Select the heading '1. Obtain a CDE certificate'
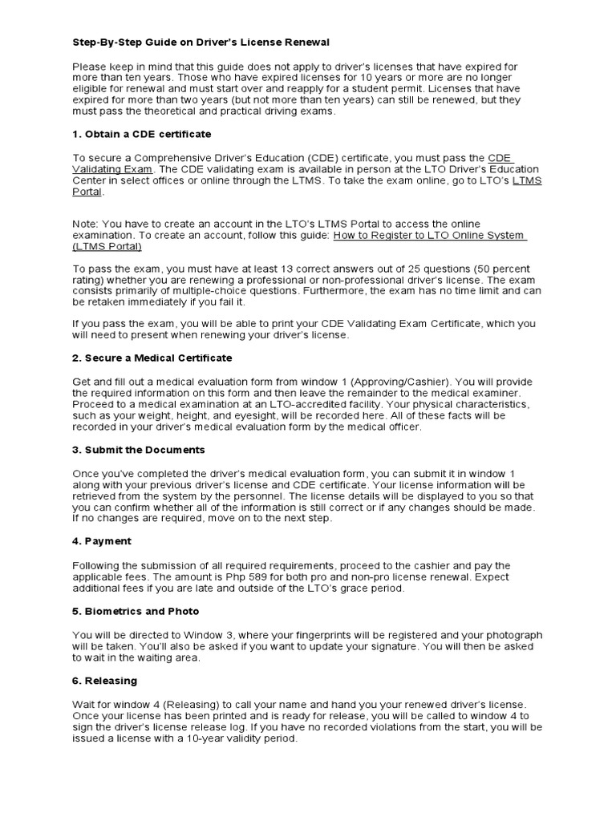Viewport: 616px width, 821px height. pyautogui.click(x=142, y=133)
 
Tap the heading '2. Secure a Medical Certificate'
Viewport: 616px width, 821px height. pyautogui.click(x=152, y=358)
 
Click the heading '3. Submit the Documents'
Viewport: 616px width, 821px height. pyautogui.click(x=139, y=450)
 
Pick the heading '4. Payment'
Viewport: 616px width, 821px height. pyautogui.click(x=102, y=541)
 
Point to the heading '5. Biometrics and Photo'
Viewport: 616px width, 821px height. pyautogui.click(x=136, y=611)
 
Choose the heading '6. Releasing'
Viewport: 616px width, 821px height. pyautogui.click(x=105, y=681)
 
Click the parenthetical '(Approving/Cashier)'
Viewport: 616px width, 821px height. pyautogui.click(x=376, y=382)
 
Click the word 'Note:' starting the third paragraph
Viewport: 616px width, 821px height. pyautogui.click(x=86, y=224)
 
